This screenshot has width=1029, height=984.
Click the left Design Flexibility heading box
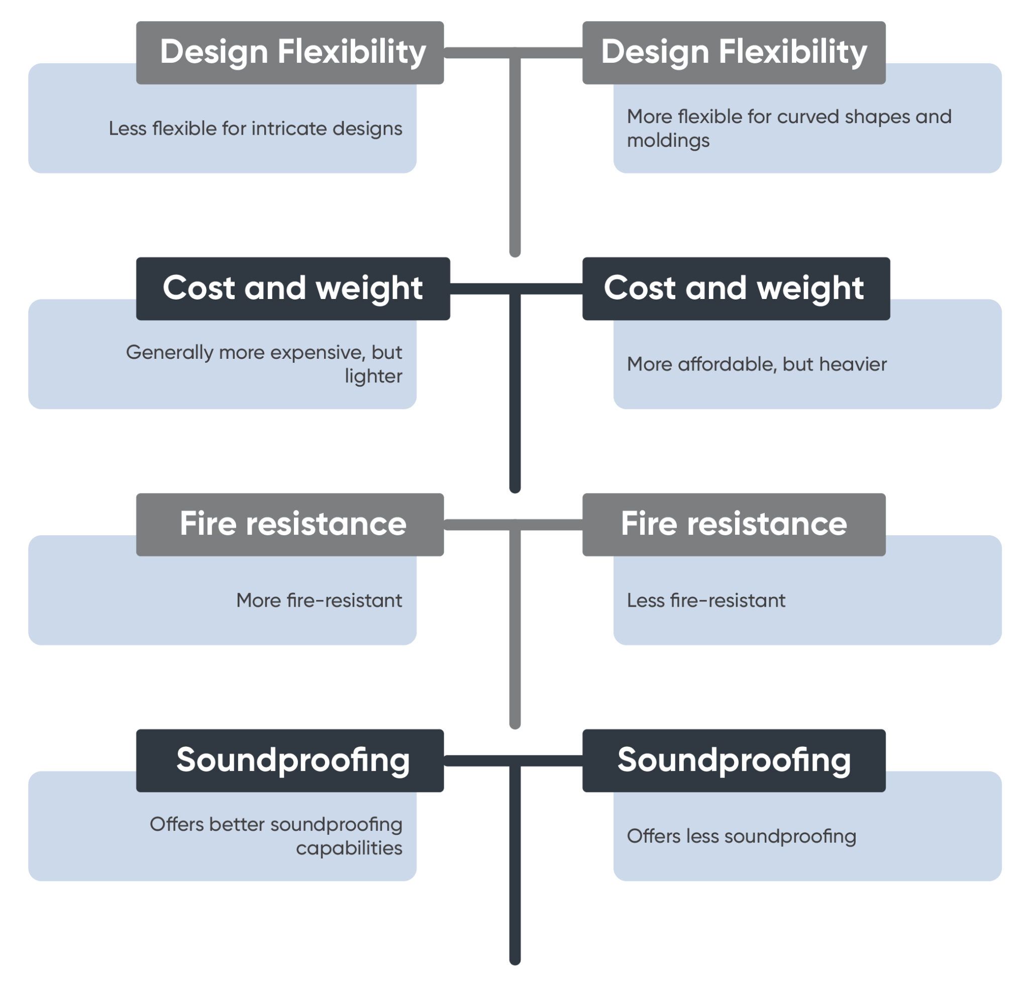pos(289,52)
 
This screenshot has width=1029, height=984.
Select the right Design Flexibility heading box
pos(733,52)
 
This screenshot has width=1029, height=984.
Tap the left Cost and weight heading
pos(292,288)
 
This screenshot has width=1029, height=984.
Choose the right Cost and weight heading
pos(735,288)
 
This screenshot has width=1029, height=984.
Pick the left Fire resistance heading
pos(289,525)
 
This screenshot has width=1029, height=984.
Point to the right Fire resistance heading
pos(733,525)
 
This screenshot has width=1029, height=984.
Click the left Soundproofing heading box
pos(289,760)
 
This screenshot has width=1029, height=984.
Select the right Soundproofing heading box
pos(733,760)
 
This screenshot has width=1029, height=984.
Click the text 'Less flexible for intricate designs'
pos(255,129)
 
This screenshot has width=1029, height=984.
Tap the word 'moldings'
pos(668,141)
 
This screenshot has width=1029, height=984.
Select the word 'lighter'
pos(373,376)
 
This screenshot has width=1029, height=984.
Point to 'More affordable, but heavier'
pos(756,364)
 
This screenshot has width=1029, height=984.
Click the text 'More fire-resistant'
pos(319,600)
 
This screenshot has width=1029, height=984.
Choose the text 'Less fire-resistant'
pos(706,600)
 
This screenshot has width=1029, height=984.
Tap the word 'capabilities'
pos(349,848)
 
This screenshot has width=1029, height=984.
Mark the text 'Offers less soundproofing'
pos(741,836)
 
